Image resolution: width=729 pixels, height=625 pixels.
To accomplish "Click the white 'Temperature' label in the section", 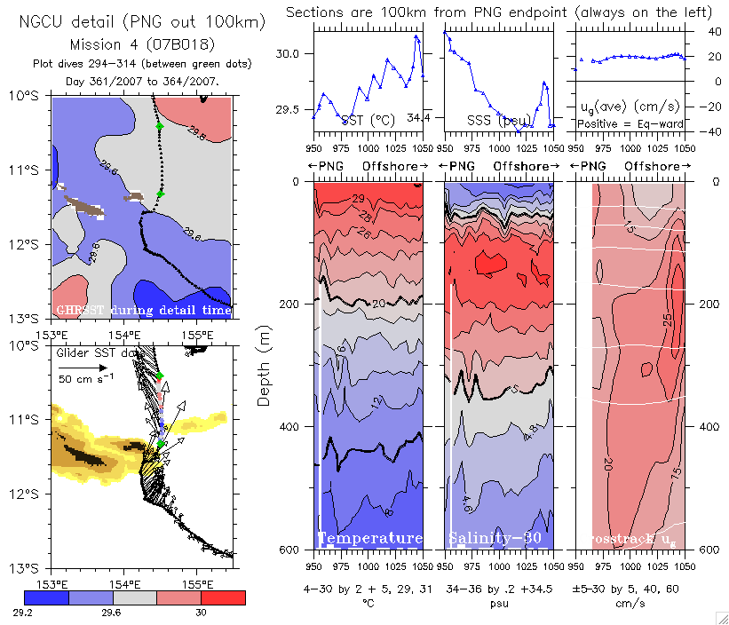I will point(370,539).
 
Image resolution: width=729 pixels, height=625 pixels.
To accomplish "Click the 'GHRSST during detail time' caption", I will point(142,310).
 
